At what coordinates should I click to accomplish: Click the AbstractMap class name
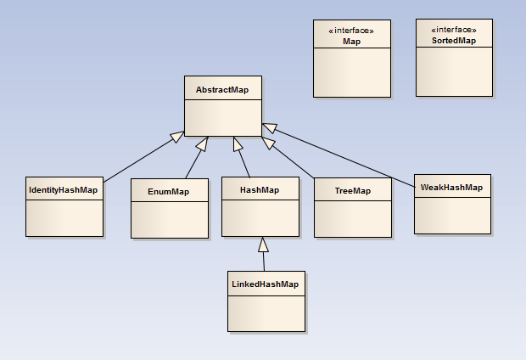[222, 89]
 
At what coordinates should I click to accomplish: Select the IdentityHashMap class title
[64, 190]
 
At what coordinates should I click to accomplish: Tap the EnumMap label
[168, 192]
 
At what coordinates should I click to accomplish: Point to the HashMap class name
[260, 190]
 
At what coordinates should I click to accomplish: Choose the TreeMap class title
[353, 191]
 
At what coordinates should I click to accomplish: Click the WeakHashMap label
[451, 187]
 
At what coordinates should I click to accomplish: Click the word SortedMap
[454, 41]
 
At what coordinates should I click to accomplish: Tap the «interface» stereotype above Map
[352, 31]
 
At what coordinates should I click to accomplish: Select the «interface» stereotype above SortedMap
[454, 31]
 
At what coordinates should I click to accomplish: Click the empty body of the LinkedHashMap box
[266, 312]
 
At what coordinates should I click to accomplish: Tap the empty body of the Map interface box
[352, 72]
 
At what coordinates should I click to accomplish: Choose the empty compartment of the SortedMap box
[454, 72]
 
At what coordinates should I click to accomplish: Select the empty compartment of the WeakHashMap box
[452, 216]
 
